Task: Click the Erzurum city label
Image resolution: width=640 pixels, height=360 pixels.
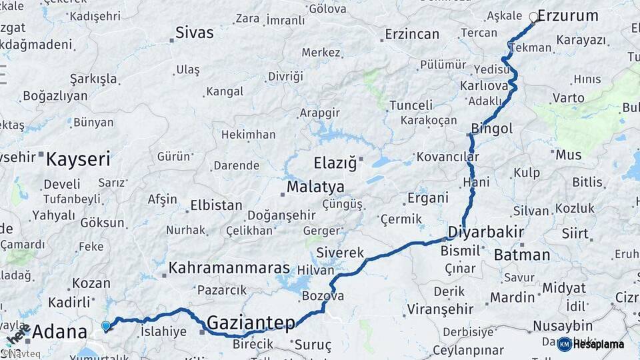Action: click(x=568, y=16)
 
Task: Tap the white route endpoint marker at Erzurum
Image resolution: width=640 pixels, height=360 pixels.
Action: click(x=533, y=18)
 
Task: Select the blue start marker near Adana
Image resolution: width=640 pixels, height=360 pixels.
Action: click(x=106, y=326)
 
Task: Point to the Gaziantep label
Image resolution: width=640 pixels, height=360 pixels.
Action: click(x=251, y=323)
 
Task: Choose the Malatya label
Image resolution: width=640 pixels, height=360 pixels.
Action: click(x=315, y=187)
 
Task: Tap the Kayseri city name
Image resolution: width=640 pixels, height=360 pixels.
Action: click(x=78, y=159)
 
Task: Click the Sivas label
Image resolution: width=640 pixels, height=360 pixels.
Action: click(x=195, y=33)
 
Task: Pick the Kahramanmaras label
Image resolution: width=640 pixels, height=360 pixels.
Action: click(x=229, y=268)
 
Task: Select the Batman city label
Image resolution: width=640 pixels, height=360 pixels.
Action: click(x=522, y=255)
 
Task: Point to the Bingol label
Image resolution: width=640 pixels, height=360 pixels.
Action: click(x=492, y=129)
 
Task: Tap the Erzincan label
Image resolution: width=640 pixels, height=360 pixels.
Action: click(x=412, y=34)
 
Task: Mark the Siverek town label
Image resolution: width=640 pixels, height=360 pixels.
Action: click(x=340, y=253)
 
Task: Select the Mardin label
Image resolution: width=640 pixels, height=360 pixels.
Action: click(x=513, y=297)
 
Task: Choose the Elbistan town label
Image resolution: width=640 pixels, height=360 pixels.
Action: click(x=216, y=205)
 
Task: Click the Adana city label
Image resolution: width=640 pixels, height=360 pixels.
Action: click(x=59, y=331)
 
